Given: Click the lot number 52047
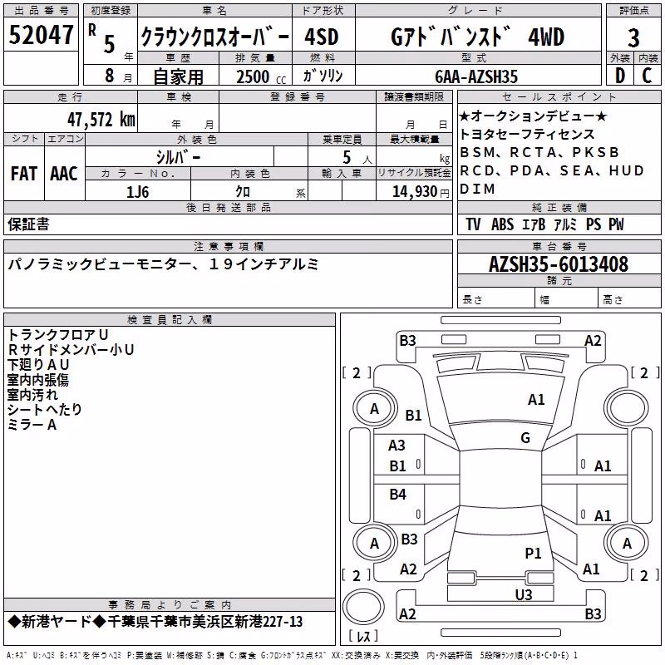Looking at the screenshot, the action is tap(41, 34).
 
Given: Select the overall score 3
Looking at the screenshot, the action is tap(633, 37).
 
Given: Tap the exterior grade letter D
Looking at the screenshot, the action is tap(620, 76).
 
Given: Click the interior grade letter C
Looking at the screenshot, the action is tap(647, 76).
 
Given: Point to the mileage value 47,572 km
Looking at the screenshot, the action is tap(101, 119).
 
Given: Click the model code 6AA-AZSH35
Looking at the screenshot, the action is tap(476, 76).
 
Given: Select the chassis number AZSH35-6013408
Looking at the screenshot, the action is tap(558, 264).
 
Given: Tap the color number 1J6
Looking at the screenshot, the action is tap(137, 192).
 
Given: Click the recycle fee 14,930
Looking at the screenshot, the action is tap(414, 192).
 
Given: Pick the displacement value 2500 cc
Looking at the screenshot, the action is tap(261, 76).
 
